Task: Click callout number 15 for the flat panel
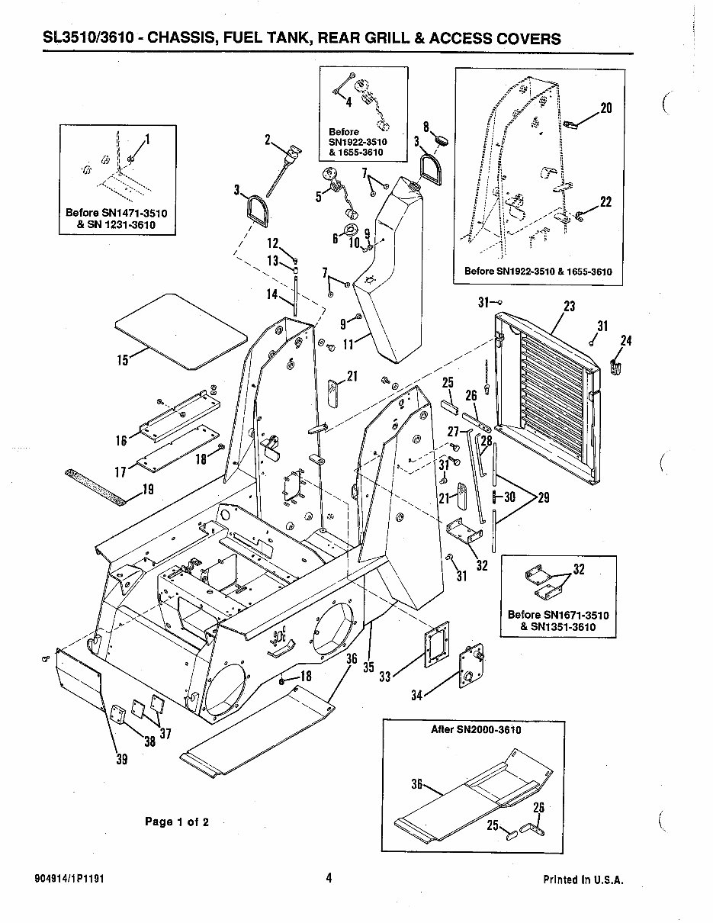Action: point(123,361)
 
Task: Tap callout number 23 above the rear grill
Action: point(569,307)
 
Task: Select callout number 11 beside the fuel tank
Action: point(348,345)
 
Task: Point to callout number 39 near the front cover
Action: point(121,758)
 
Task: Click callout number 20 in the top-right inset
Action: point(606,108)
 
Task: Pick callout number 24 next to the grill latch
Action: point(626,340)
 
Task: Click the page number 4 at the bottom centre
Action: point(329,878)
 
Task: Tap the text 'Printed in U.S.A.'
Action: point(583,880)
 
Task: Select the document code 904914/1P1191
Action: point(69,878)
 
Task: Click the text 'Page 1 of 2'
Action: point(177,822)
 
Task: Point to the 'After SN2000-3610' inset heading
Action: point(476,730)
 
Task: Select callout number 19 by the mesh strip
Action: point(148,490)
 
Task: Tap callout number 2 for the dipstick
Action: point(268,140)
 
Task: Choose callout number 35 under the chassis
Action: point(369,667)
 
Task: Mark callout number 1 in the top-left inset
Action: point(147,139)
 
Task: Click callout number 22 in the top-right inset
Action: point(605,202)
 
